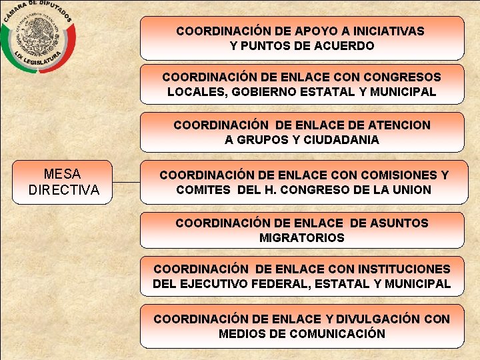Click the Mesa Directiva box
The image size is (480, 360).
tap(63, 182)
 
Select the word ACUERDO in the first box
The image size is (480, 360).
tap(345, 46)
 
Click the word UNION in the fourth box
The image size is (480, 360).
tap(413, 190)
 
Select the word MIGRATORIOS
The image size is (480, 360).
tap(302, 238)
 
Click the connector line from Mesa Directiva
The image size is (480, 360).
tap(127, 182)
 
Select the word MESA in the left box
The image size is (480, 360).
tap(63, 175)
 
